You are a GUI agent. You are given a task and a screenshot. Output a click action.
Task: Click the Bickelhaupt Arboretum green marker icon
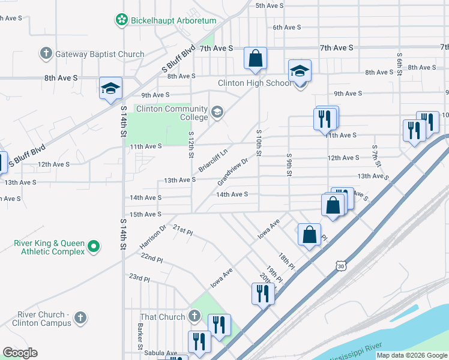[122, 20]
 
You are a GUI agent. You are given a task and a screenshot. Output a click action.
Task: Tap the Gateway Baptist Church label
[100, 54]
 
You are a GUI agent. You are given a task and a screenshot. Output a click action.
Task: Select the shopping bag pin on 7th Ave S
[255, 58]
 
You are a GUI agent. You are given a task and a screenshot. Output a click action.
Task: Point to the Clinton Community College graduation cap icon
[217, 111]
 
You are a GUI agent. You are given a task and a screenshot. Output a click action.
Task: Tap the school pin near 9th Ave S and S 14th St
[111, 88]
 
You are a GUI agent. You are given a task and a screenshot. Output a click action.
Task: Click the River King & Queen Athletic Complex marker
[94, 247]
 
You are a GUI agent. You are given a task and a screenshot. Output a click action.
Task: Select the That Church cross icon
[193, 316]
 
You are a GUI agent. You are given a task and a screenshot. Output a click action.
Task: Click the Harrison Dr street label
[152, 238]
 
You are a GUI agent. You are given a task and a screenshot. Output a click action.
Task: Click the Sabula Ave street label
[163, 353]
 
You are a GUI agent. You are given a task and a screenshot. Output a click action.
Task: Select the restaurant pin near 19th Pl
[263, 293]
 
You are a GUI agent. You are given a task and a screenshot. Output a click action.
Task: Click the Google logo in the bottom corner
[20, 353]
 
